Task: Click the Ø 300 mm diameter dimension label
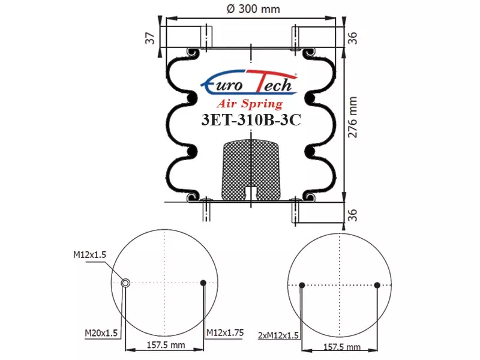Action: point(253,9)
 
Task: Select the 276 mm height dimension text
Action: point(353,117)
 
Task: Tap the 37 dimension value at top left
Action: point(150,38)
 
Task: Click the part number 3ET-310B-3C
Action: point(251,119)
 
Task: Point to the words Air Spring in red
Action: point(250,104)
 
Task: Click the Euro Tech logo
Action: point(249,82)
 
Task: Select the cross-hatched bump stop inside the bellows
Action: point(251,170)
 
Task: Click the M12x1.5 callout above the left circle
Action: point(89,254)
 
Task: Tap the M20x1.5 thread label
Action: point(101,333)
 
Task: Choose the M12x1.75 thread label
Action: point(225,332)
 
